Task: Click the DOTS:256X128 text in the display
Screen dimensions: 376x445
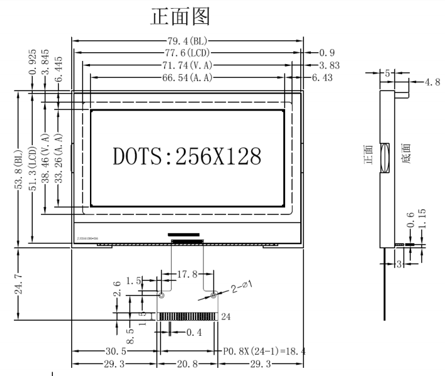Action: coord(187,155)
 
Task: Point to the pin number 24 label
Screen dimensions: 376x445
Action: coord(227,317)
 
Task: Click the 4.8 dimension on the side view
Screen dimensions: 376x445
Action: coord(433,82)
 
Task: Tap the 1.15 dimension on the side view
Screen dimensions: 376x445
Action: coord(422,218)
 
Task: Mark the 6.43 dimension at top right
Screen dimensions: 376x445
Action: coord(322,77)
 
